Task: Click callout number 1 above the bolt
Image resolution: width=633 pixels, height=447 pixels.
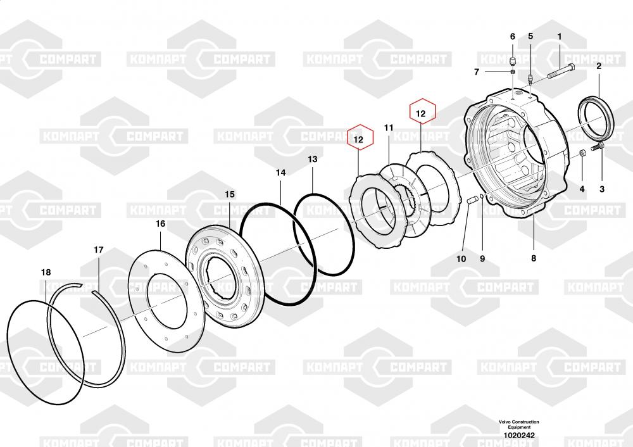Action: tap(559, 37)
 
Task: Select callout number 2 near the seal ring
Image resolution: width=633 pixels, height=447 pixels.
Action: tap(599, 66)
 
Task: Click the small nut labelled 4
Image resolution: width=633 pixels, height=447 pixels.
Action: tap(582, 153)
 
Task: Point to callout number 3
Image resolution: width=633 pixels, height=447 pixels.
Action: tap(601, 189)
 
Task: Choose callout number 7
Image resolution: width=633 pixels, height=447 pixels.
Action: tap(477, 72)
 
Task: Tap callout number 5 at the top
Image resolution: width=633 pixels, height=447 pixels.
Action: tap(530, 37)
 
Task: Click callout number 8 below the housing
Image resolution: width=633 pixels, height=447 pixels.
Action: tap(533, 258)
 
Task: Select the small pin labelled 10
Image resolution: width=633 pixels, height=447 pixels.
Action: tap(472, 201)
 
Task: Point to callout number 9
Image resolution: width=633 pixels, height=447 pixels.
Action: tap(482, 258)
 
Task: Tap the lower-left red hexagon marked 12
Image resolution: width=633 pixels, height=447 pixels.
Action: tap(358, 138)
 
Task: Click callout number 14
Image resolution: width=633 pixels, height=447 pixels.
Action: tap(280, 172)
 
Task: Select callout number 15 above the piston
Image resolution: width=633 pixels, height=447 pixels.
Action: tap(229, 194)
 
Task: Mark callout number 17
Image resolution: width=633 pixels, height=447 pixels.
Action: tap(98, 250)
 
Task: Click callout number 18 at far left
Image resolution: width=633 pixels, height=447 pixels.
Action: tap(46, 272)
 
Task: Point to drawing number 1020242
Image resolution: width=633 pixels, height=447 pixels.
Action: tap(518, 436)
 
